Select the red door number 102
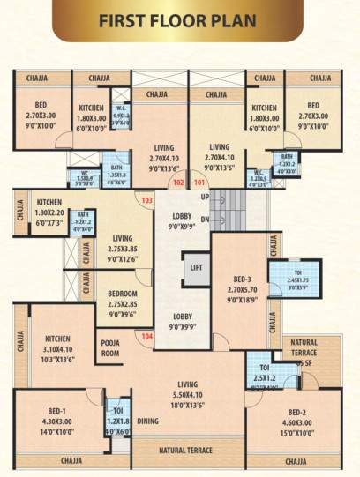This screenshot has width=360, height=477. (x=178, y=183)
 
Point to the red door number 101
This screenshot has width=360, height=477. (x=199, y=183)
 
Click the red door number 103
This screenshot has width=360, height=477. (x=146, y=200)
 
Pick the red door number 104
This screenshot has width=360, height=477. (x=146, y=336)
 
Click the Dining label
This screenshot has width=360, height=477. (x=147, y=421)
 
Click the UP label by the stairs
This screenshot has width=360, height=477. (x=205, y=197)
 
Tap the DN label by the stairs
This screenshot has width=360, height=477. (x=205, y=219)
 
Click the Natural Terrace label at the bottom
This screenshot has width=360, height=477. (x=186, y=451)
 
